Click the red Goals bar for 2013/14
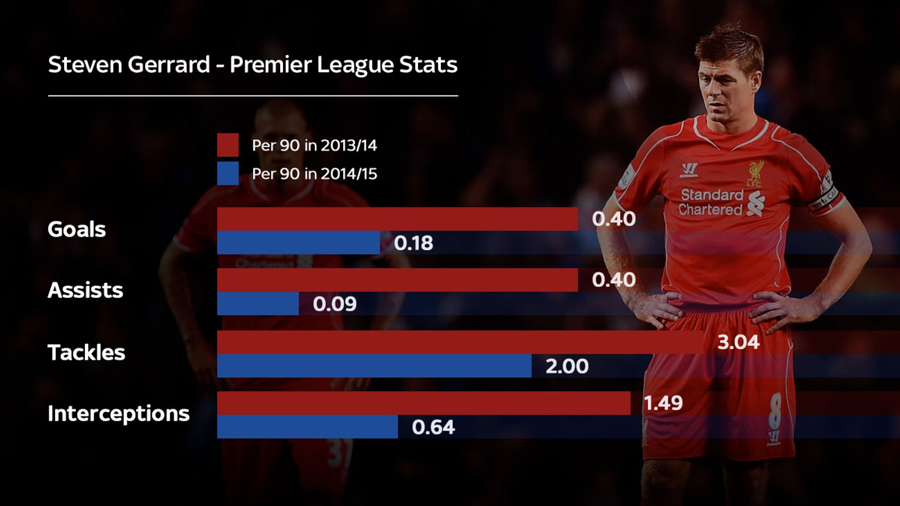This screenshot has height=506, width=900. (397, 219)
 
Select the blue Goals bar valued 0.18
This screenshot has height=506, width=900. (298, 243)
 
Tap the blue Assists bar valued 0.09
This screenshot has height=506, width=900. (258, 304)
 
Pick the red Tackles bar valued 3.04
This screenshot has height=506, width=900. (460, 342)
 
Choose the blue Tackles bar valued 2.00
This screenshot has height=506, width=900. (374, 366)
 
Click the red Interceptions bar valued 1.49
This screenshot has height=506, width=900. (424, 403)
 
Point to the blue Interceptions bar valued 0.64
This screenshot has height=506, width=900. (307, 427)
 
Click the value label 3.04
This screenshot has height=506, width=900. (738, 342)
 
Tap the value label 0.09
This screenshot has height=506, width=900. (335, 304)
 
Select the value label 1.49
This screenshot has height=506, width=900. (663, 403)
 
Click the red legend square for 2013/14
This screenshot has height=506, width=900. (228, 145)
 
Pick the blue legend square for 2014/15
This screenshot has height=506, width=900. (228, 173)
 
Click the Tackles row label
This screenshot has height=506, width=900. (86, 353)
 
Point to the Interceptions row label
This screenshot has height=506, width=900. (118, 414)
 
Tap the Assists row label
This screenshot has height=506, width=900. (85, 290)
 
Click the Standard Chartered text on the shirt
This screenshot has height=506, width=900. (712, 202)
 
